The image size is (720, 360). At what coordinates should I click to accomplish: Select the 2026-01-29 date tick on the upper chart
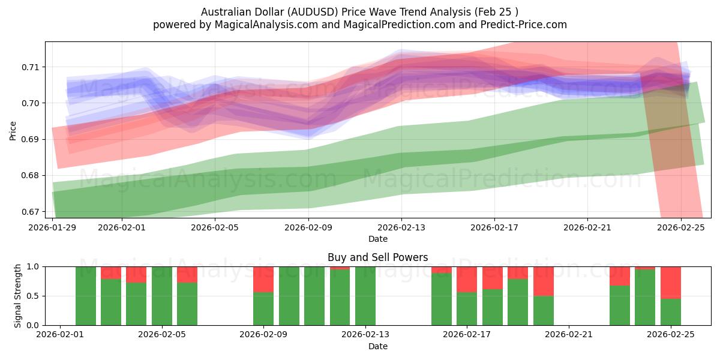coord(53,227)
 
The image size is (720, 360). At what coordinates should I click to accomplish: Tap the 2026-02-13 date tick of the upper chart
coord(402,227)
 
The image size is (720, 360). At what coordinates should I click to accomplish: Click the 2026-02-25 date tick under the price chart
coord(681,227)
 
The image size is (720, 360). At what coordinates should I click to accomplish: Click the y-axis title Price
coord(13,130)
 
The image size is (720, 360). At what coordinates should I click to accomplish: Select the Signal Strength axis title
coord(17,296)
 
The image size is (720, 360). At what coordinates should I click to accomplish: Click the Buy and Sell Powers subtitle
coord(377,257)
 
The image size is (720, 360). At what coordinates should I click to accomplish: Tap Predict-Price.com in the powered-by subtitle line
coord(523,25)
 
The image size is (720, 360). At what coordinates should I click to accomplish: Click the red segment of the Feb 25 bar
coord(670,282)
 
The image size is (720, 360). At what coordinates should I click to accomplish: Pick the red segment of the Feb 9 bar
coord(263,279)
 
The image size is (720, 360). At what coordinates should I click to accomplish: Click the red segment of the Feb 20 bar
coord(543,281)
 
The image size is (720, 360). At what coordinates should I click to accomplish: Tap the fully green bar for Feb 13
coord(365,296)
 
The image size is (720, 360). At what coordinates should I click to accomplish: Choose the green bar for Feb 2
coord(86,296)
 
